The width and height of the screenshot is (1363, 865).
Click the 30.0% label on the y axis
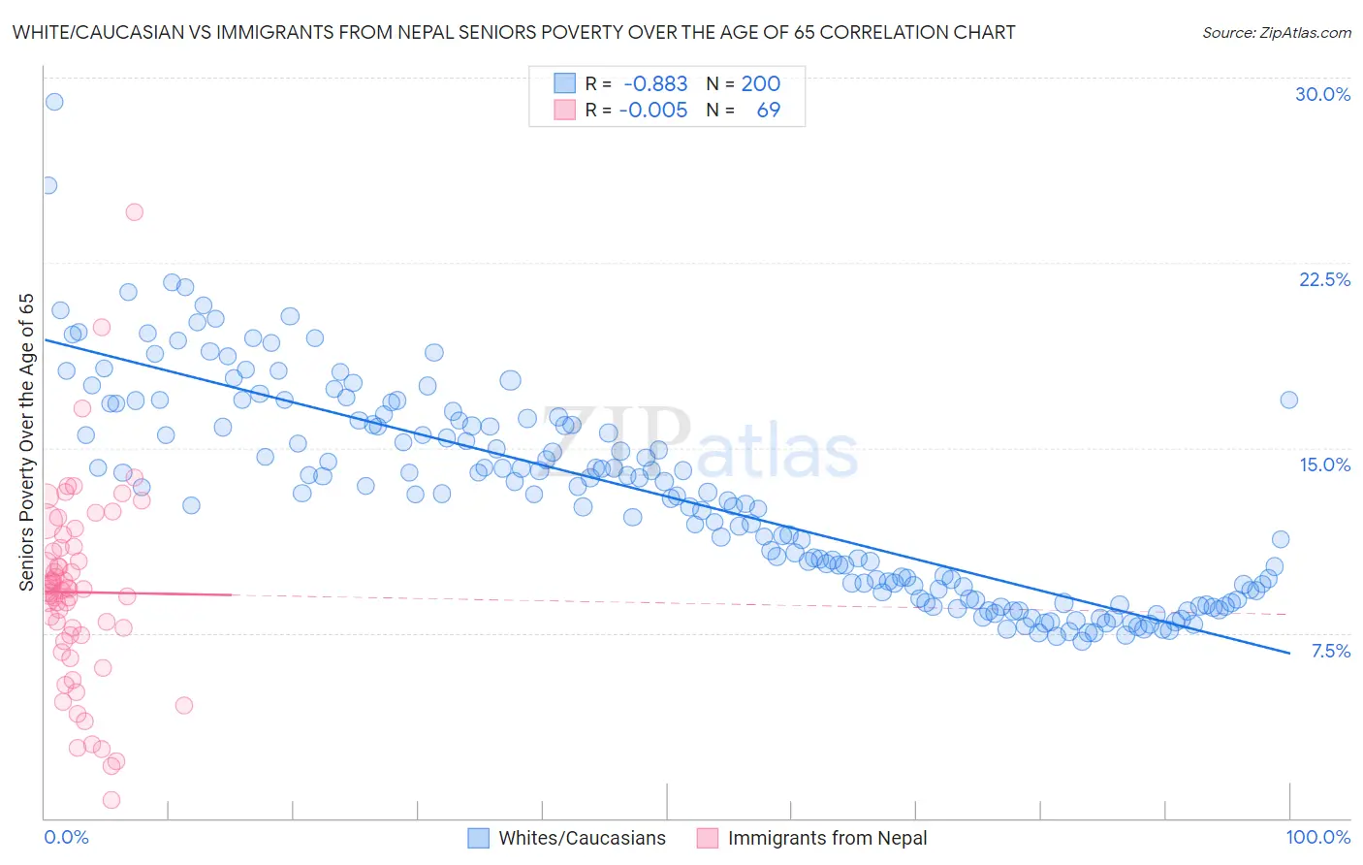tap(1322, 94)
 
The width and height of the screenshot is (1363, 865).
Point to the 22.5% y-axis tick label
tap(1324, 279)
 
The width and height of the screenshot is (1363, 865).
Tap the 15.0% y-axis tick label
tap(1324, 465)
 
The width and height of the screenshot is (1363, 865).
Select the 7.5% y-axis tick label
tap(1330, 651)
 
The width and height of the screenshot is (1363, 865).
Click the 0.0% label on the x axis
tap(66, 837)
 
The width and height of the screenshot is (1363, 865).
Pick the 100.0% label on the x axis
tap(1317, 837)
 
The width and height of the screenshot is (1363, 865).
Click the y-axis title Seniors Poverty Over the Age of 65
tap(26, 441)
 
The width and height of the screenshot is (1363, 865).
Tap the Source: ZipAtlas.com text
tap(1276, 32)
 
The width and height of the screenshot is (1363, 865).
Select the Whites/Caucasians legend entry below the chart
tap(582, 838)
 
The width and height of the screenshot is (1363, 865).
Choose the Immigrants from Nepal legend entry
tap(827, 838)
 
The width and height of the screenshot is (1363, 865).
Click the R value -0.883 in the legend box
tap(655, 84)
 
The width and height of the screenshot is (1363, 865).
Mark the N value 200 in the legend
tap(760, 84)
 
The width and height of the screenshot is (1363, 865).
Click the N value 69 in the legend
tap(768, 110)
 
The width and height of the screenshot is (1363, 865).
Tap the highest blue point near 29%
tap(54, 102)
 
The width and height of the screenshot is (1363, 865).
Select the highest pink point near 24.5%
tap(135, 212)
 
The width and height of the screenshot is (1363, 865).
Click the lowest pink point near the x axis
tap(111, 800)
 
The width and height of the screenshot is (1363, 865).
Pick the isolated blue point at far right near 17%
tap(1288, 400)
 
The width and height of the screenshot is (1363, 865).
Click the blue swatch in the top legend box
tap(564, 83)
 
